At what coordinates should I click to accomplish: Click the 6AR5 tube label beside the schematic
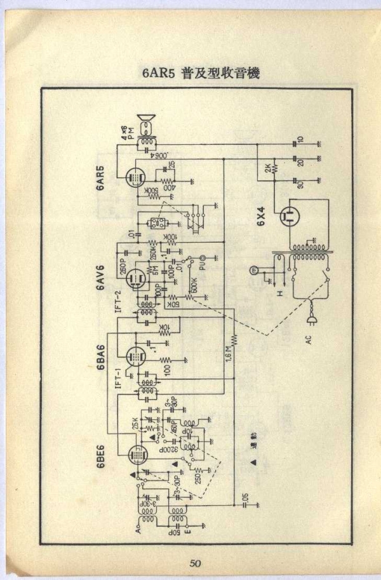(101, 179)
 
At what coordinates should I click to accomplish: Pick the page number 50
(195, 563)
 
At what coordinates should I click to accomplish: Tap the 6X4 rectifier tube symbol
(289, 215)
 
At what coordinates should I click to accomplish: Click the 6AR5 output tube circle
(135, 177)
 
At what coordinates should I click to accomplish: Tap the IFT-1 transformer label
(118, 379)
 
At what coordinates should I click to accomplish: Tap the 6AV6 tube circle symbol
(135, 278)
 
